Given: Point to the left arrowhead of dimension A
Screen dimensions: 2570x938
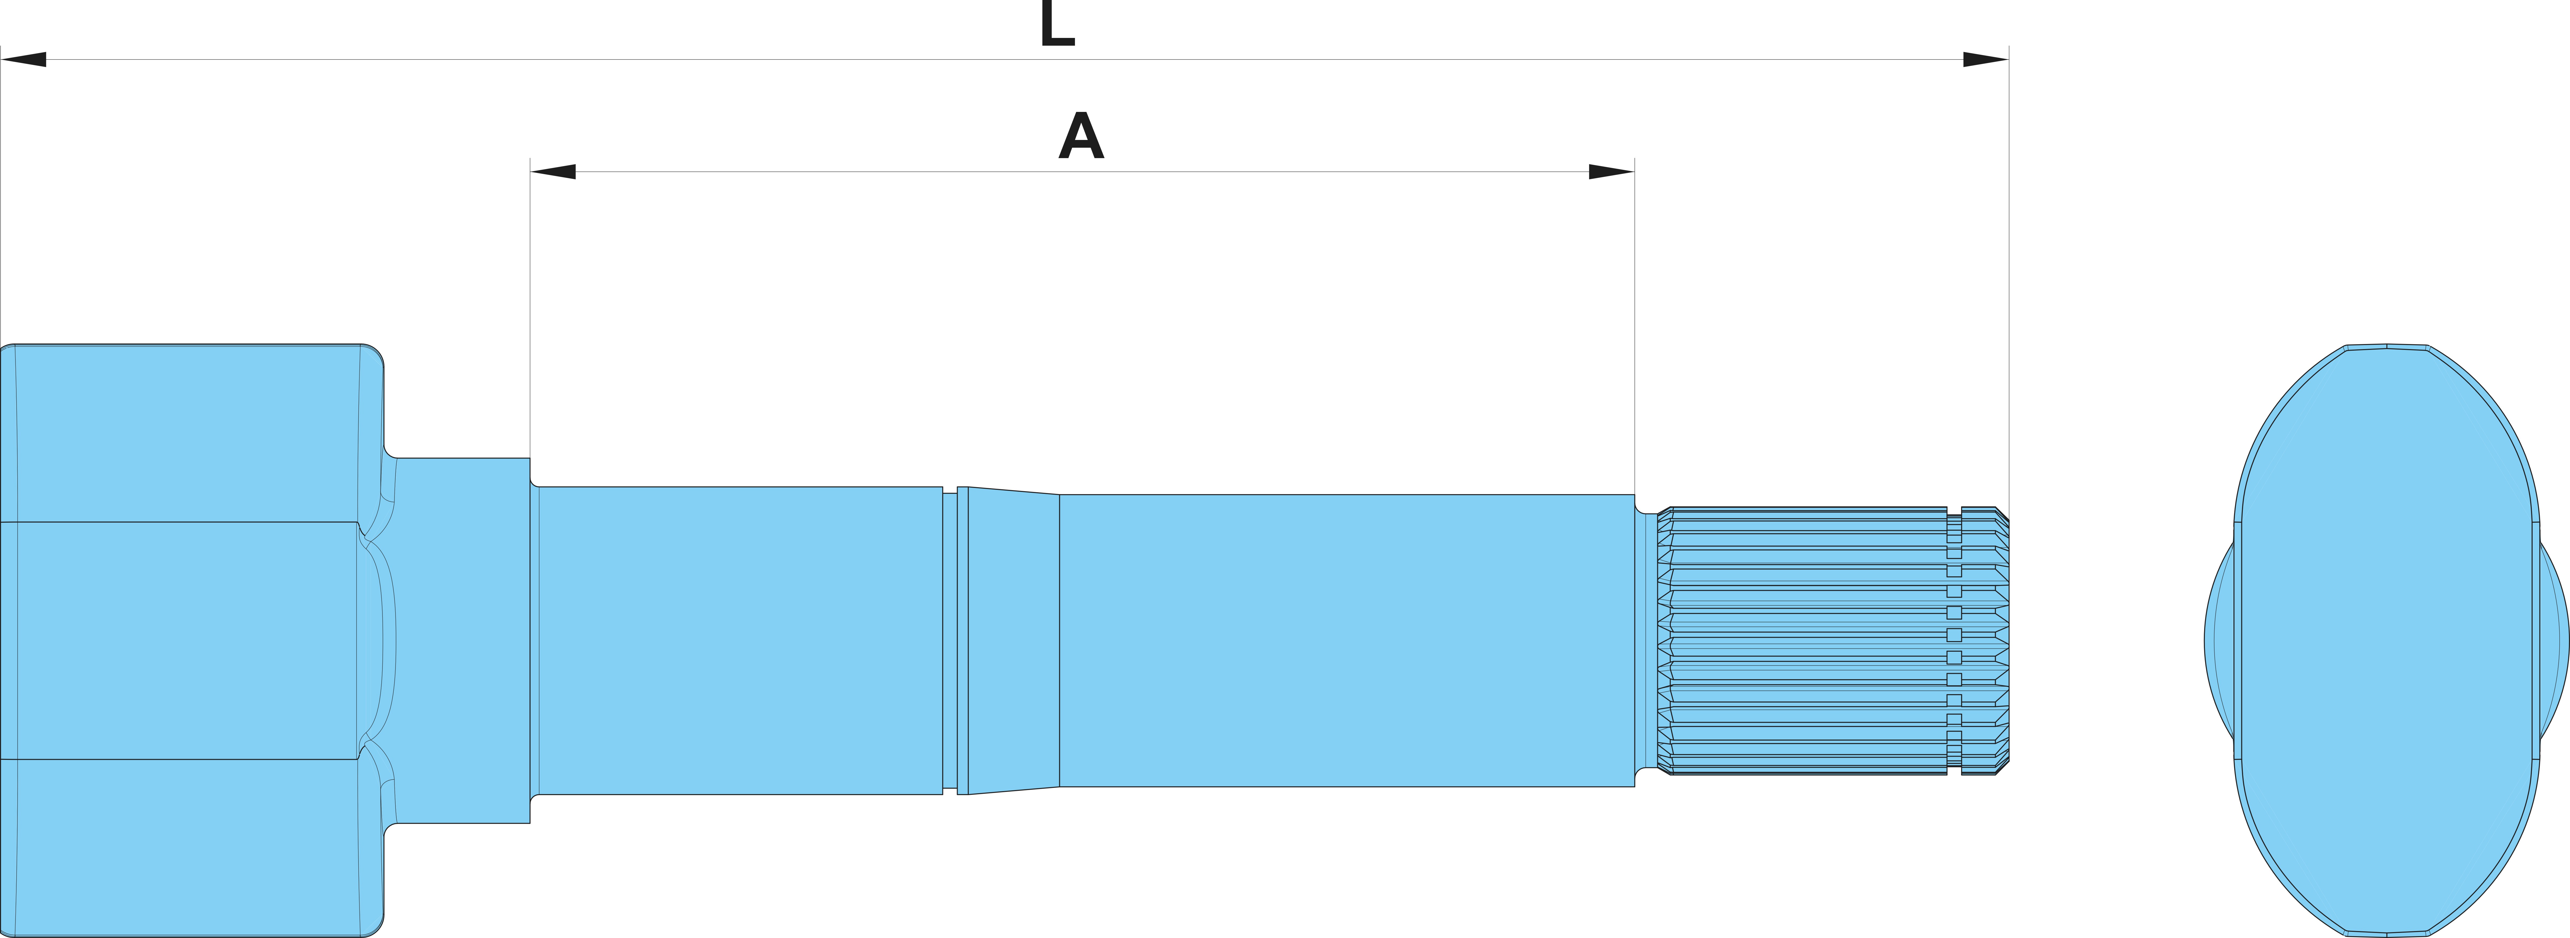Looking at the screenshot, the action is (x=553, y=172).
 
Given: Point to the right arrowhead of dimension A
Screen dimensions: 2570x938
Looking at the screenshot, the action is (x=1611, y=172).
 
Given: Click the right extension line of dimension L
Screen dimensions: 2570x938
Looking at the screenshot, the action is (x=2008, y=279).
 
